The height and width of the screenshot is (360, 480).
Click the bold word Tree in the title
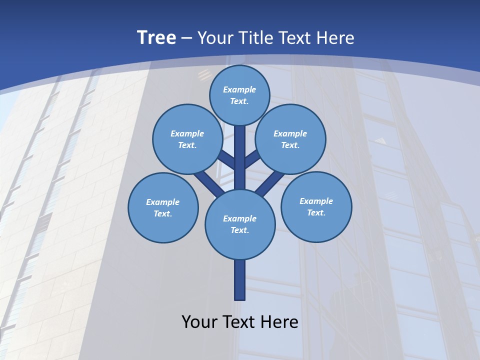pyautogui.click(x=156, y=38)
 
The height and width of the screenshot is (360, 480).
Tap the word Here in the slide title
pyautogui.click(x=334, y=38)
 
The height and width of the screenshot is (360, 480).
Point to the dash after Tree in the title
pyautogui.click(x=186, y=38)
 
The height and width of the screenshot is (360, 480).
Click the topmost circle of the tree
pyautogui.click(x=240, y=95)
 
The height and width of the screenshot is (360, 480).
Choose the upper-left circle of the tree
pyautogui.click(x=187, y=139)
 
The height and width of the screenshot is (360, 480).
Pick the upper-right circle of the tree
pyautogui.click(x=290, y=139)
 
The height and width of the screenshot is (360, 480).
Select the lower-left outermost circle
pyautogui.click(x=163, y=207)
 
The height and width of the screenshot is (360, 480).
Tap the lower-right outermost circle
pyautogui.click(x=316, y=206)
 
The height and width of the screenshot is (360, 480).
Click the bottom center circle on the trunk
pyautogui.click(x=240, y=224)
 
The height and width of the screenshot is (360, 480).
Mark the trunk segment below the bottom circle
pyautogui.click(x=240, y=280)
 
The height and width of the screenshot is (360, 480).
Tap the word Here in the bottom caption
pyautogui.click(x=280, y=321)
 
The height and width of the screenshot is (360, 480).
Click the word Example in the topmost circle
pyautogui.click(x=239, y=89)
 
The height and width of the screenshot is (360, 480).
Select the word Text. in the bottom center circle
pyautogui.click(x=240, y=230)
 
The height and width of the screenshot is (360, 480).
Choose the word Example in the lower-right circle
pyautogui.click(x=316, y=201)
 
